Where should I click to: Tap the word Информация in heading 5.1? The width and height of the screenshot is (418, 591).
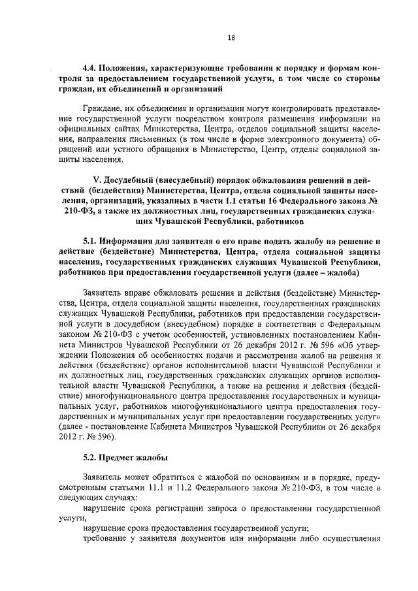tap(133, 242)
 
